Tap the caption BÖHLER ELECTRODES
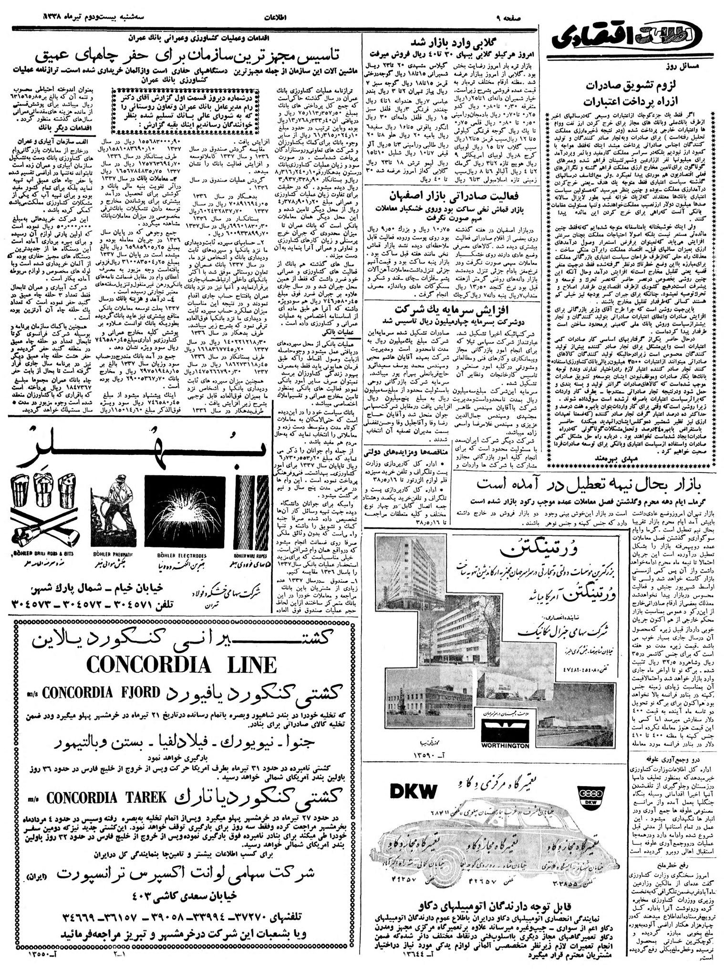tap(182, 555)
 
